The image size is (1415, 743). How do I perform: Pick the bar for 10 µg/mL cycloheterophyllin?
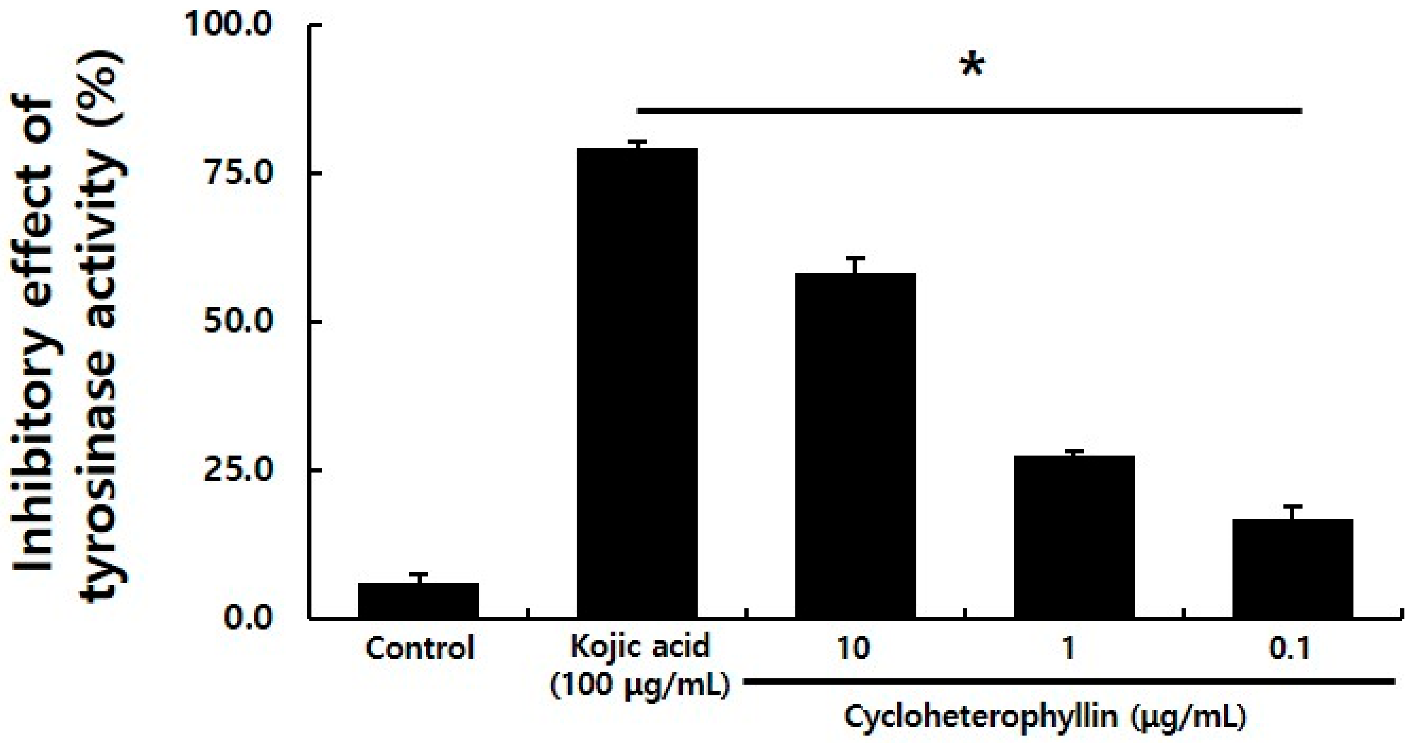click(x=855, y=445)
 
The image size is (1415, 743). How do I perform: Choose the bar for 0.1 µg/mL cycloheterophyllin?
click(x=1292, y=569)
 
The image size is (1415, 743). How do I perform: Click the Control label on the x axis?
click(x=420, y=649)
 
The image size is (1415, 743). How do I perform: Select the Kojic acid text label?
click(x=640, y=647)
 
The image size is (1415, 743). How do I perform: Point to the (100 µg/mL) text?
click(x=640, y=686)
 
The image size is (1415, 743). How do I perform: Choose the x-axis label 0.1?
click(x=1289, y=649)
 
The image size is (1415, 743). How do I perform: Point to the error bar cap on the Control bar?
click(x=418, y=574)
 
